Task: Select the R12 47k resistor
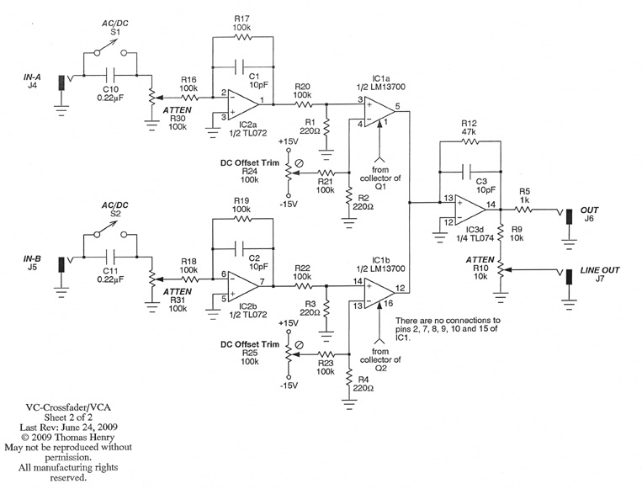[x=470, y=144]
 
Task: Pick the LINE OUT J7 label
[x=599, y=270]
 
